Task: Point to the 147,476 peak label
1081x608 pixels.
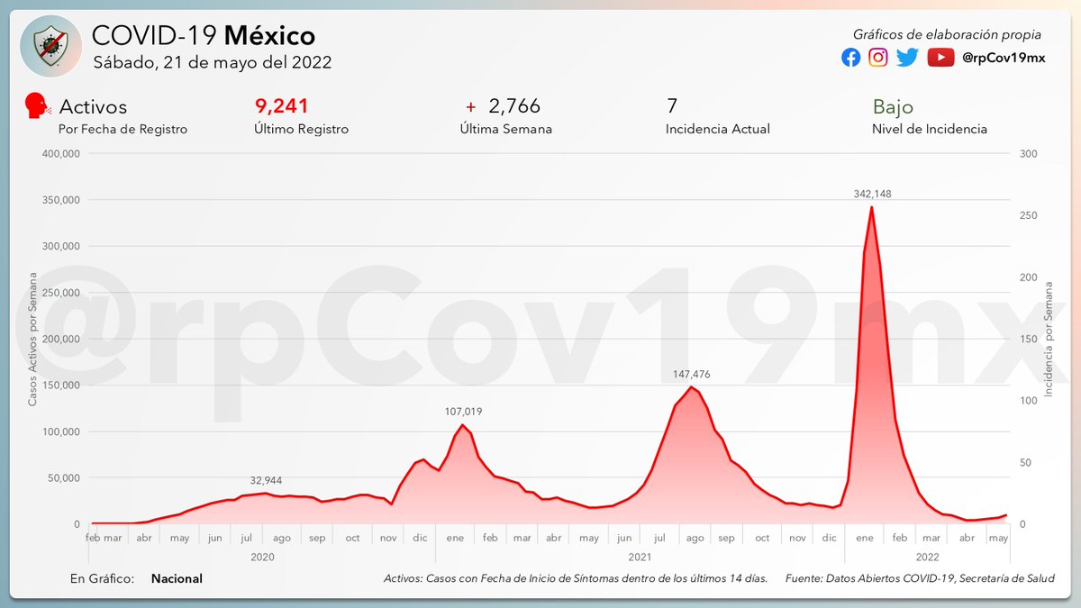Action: (691, 373)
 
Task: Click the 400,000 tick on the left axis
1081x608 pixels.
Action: (61, 154)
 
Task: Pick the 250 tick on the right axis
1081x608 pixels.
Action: (1029, 215)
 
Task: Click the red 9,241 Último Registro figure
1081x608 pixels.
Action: (282, 106)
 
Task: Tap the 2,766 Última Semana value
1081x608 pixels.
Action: (513, 106)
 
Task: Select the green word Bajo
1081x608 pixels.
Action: (892, 106)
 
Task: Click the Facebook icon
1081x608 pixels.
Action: (850, 58)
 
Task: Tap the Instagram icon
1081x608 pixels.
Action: (878, 58)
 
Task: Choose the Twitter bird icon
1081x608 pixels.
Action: (907, 58)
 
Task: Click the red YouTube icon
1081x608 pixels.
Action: (940, 58)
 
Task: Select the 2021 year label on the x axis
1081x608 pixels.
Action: (639, 558)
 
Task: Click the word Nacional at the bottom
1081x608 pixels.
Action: (177, 578)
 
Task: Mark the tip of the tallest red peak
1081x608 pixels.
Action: (871, 207)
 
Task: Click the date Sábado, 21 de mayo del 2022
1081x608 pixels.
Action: (213, 63)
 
